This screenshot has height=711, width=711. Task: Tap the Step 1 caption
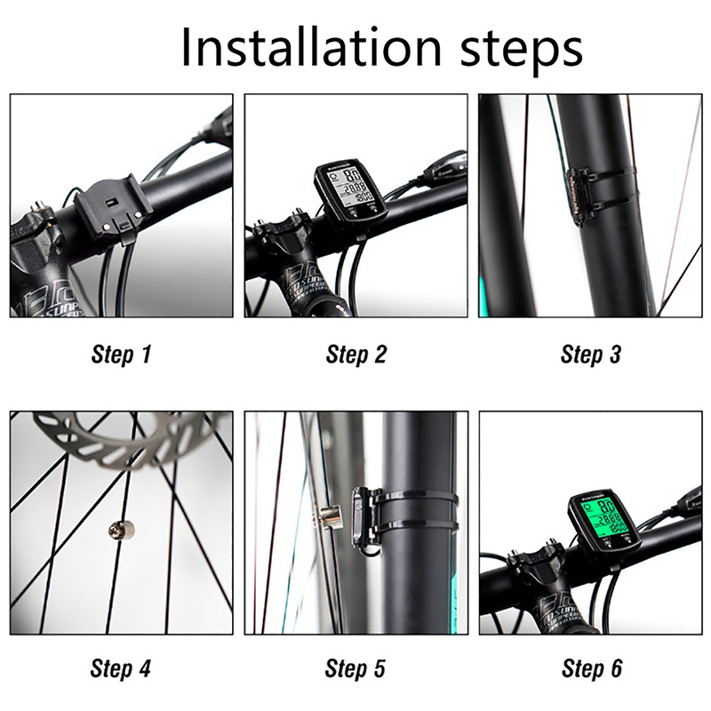point(121,355)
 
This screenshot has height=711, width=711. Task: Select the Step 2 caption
point(355,355)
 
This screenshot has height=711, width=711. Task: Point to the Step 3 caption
point(590,355)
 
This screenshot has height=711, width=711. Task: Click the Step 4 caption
point(121,668)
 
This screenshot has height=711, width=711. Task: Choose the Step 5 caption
point(355,668)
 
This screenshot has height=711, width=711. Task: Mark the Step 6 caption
point(591,668)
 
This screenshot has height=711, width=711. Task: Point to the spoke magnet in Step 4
point(121,531)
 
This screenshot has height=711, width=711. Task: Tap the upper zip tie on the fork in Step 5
point(418,498)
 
